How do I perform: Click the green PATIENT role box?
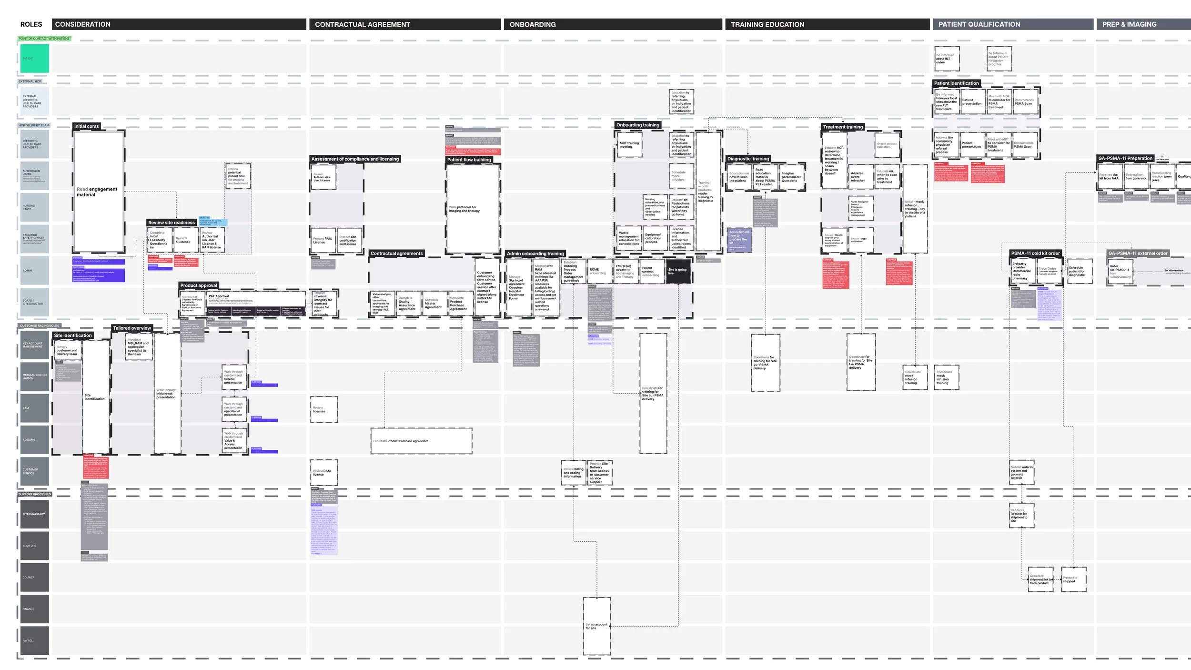pos(34,58)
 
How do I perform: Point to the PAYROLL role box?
pos(34,640)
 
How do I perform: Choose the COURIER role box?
pos(34,577)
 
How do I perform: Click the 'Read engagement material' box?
pos(99,192)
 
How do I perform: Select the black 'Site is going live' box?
pos(677,272)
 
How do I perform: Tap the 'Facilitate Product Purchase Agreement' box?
pos(421,441)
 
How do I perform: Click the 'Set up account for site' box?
pos(596,626)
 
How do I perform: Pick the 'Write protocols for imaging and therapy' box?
pos(473,209)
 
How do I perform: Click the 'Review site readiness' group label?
pos(172,223)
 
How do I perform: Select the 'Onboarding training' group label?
pos(637,125)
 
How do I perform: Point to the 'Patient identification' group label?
pos(956,83)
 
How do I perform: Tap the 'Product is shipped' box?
pos(1074,579)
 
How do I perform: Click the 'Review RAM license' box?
pos(324,473)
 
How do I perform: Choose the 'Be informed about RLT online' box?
pos(947,59)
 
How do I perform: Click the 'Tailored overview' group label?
pos(132,328)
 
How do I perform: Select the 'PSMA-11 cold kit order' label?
pos(1035,254)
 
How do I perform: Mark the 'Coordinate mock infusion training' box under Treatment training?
pos(915,377)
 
